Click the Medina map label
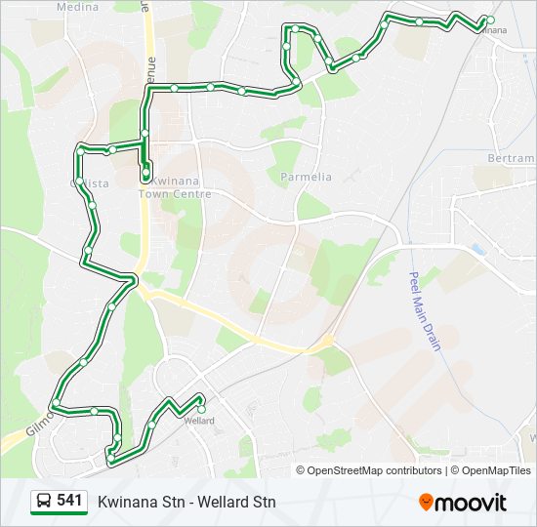point(78,7)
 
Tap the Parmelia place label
point(307,177)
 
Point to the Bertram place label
point(512,158)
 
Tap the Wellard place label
point(199,421)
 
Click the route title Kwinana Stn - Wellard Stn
point(186,503)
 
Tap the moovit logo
point(463,503)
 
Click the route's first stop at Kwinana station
point(490,20)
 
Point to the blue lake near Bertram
point(476,250)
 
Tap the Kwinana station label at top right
point(493,30)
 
